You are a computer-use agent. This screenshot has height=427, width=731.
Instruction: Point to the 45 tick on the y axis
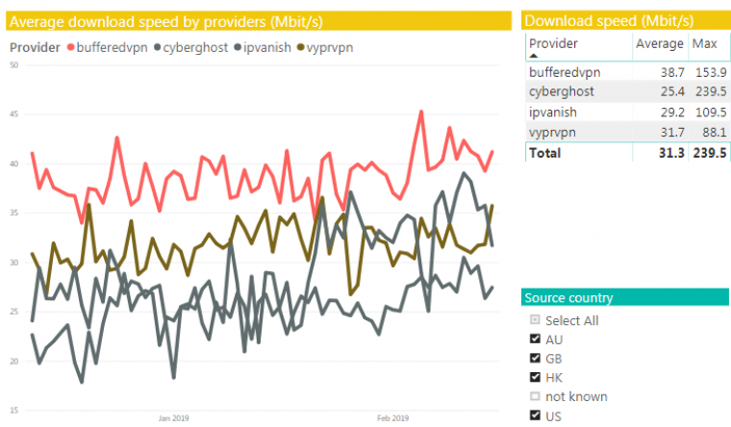click(13, 114)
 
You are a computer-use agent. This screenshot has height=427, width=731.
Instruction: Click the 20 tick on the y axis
click(13, 362)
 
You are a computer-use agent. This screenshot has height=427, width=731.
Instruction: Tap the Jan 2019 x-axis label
click(172, 418)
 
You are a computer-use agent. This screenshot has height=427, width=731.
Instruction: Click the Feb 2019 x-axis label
click(391, 418)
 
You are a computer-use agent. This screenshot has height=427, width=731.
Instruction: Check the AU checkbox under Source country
click(535, 339)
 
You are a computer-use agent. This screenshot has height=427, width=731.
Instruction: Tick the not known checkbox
click(535, 396)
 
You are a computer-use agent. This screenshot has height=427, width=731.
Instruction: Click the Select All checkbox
click(535, 320)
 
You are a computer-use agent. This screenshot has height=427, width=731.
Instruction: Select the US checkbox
click(535, 415)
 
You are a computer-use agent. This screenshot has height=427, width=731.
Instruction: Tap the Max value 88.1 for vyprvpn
click(710, 132)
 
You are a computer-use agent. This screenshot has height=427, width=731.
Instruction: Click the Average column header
click(659, 44)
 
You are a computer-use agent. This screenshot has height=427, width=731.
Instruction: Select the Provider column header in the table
click(554, 44)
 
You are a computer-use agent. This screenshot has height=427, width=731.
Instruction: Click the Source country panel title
click(568, 298)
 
